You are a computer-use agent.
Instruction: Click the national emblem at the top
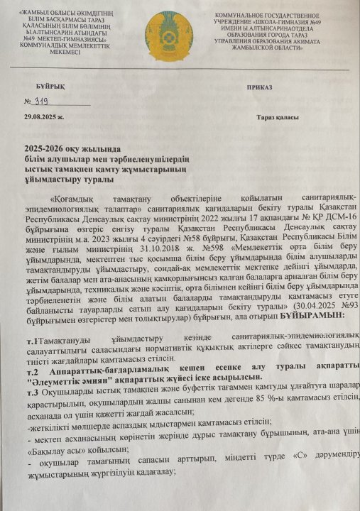[168, 35]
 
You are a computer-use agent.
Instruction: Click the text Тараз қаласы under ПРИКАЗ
[278, 118]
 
